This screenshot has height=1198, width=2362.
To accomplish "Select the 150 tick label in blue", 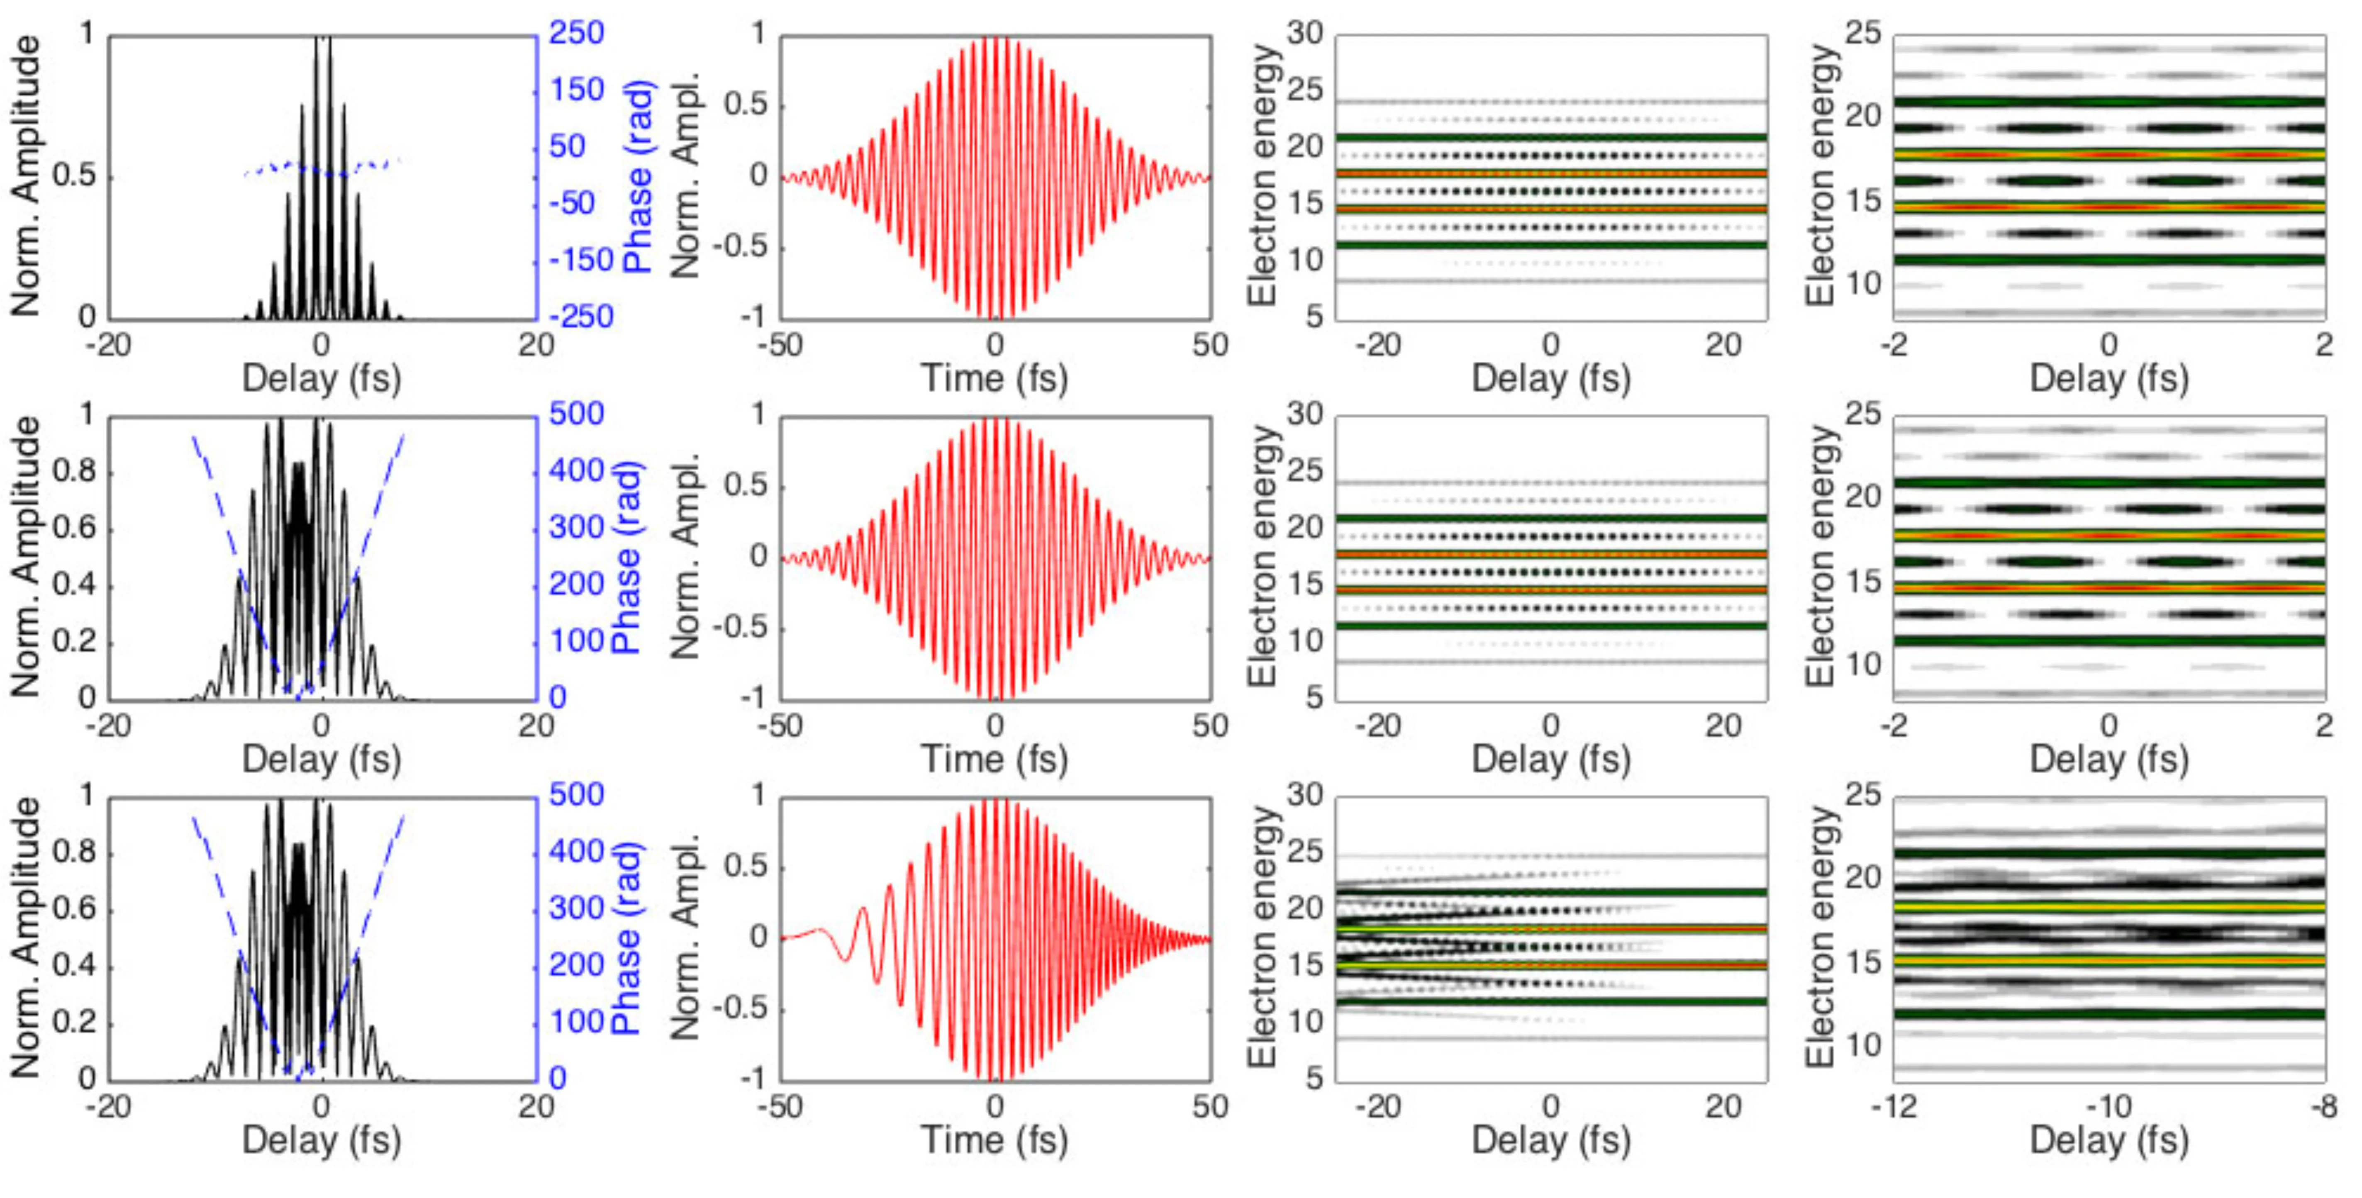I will click(576, 90).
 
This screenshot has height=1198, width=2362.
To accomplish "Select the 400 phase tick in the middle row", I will click(576, 471).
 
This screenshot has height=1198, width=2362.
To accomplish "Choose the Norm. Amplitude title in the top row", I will click(26, 176).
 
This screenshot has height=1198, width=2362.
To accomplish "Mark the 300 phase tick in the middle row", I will click(576, 528).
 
